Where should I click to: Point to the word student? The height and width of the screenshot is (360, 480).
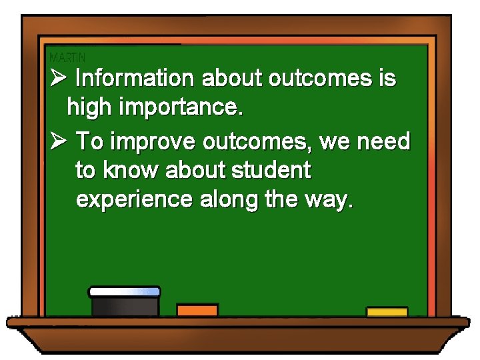pos(271,171)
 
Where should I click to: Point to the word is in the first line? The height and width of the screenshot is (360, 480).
pos(387,79)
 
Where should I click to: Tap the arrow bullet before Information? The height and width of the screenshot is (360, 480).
pos(58,79)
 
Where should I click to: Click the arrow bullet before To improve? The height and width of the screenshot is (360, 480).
pos(58,141)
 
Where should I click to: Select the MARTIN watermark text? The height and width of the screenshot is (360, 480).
pos(67,58)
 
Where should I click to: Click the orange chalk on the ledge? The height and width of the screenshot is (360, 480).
pos(197,310)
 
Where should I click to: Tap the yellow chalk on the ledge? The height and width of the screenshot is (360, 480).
pos(387,312)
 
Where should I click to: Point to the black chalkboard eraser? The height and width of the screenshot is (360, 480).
pos(125,306)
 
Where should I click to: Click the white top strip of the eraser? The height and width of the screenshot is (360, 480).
pos(125,291)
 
